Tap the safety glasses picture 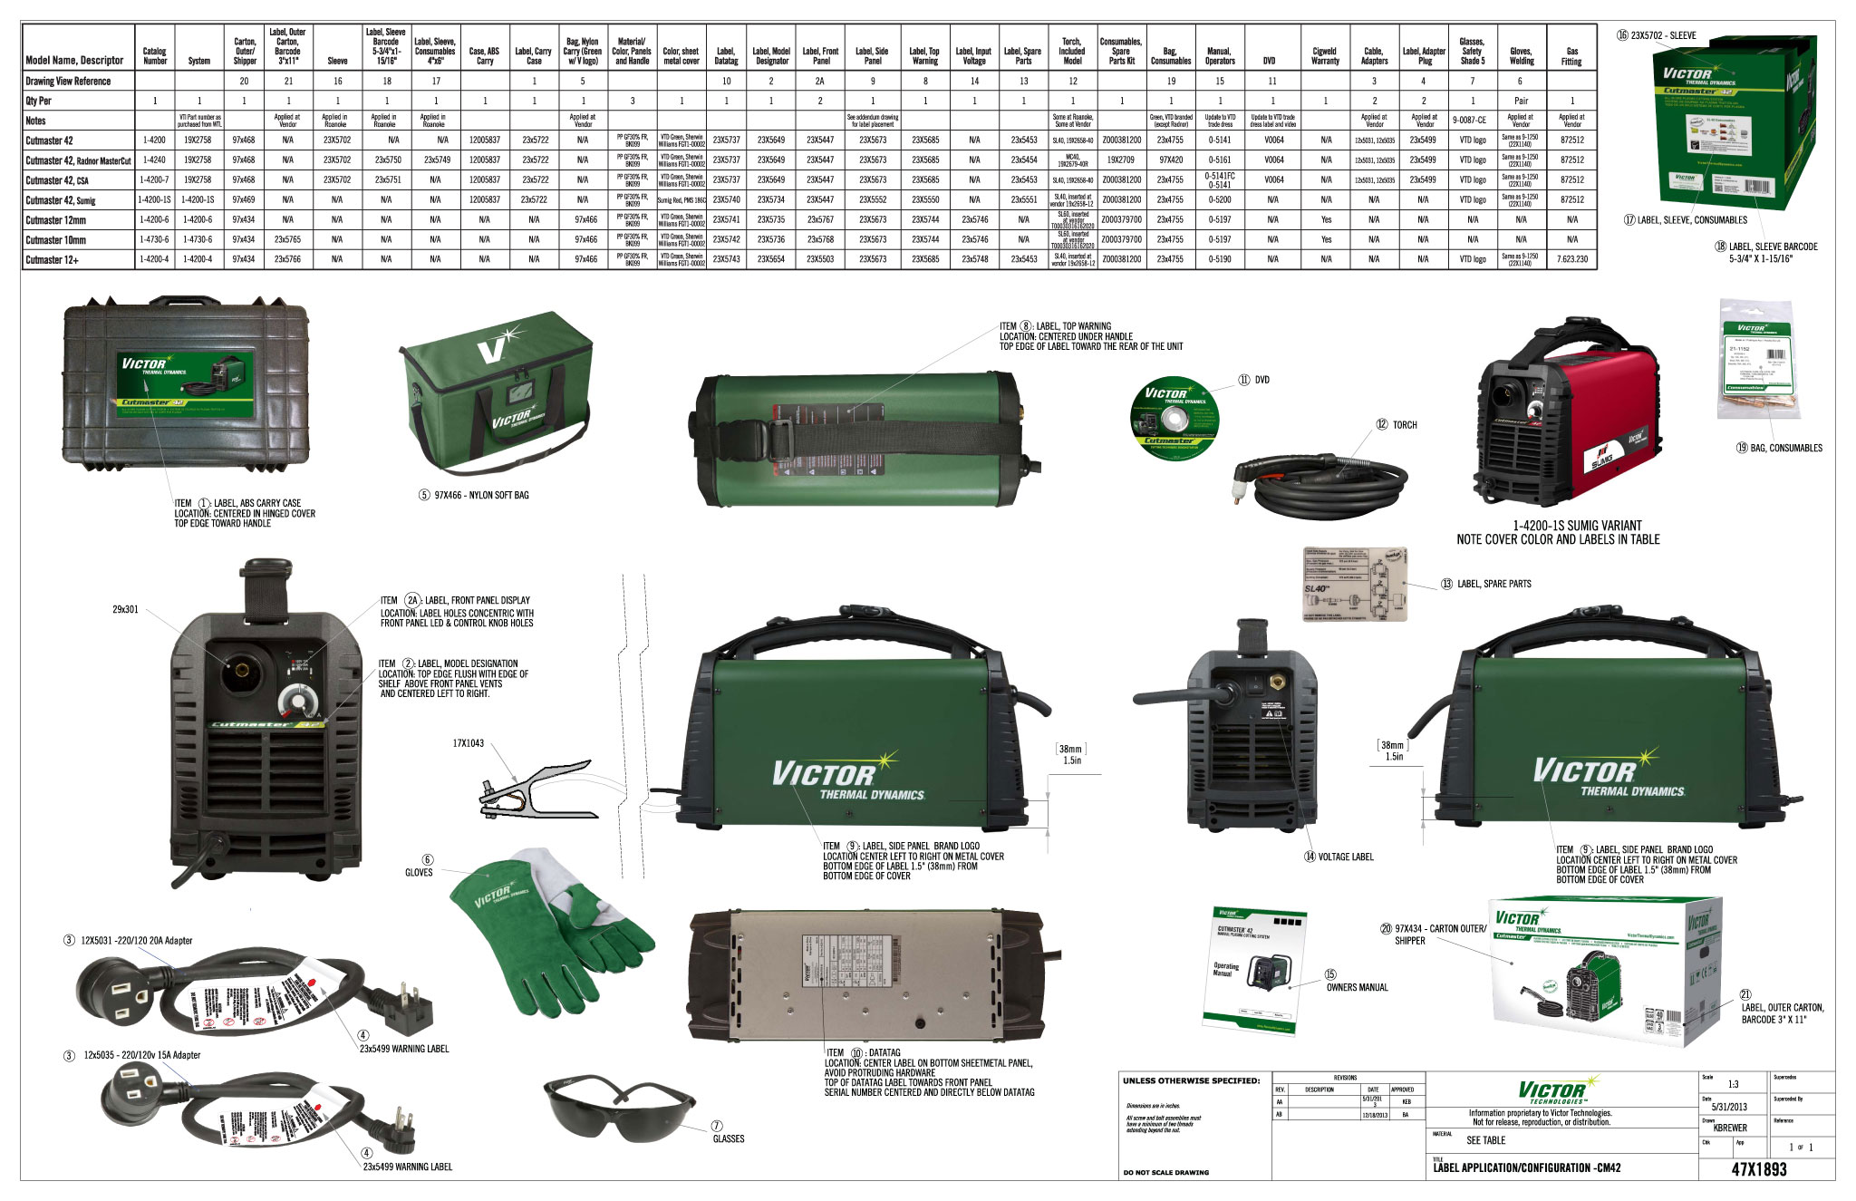(x=619, y=1111)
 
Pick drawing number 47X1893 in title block (x=1758, y=1169)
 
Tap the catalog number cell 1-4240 (x=155, y=160)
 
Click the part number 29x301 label (x=125, y=610)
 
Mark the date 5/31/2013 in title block (x=1728, y=1107)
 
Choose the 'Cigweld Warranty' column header (x=1324, y=56)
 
